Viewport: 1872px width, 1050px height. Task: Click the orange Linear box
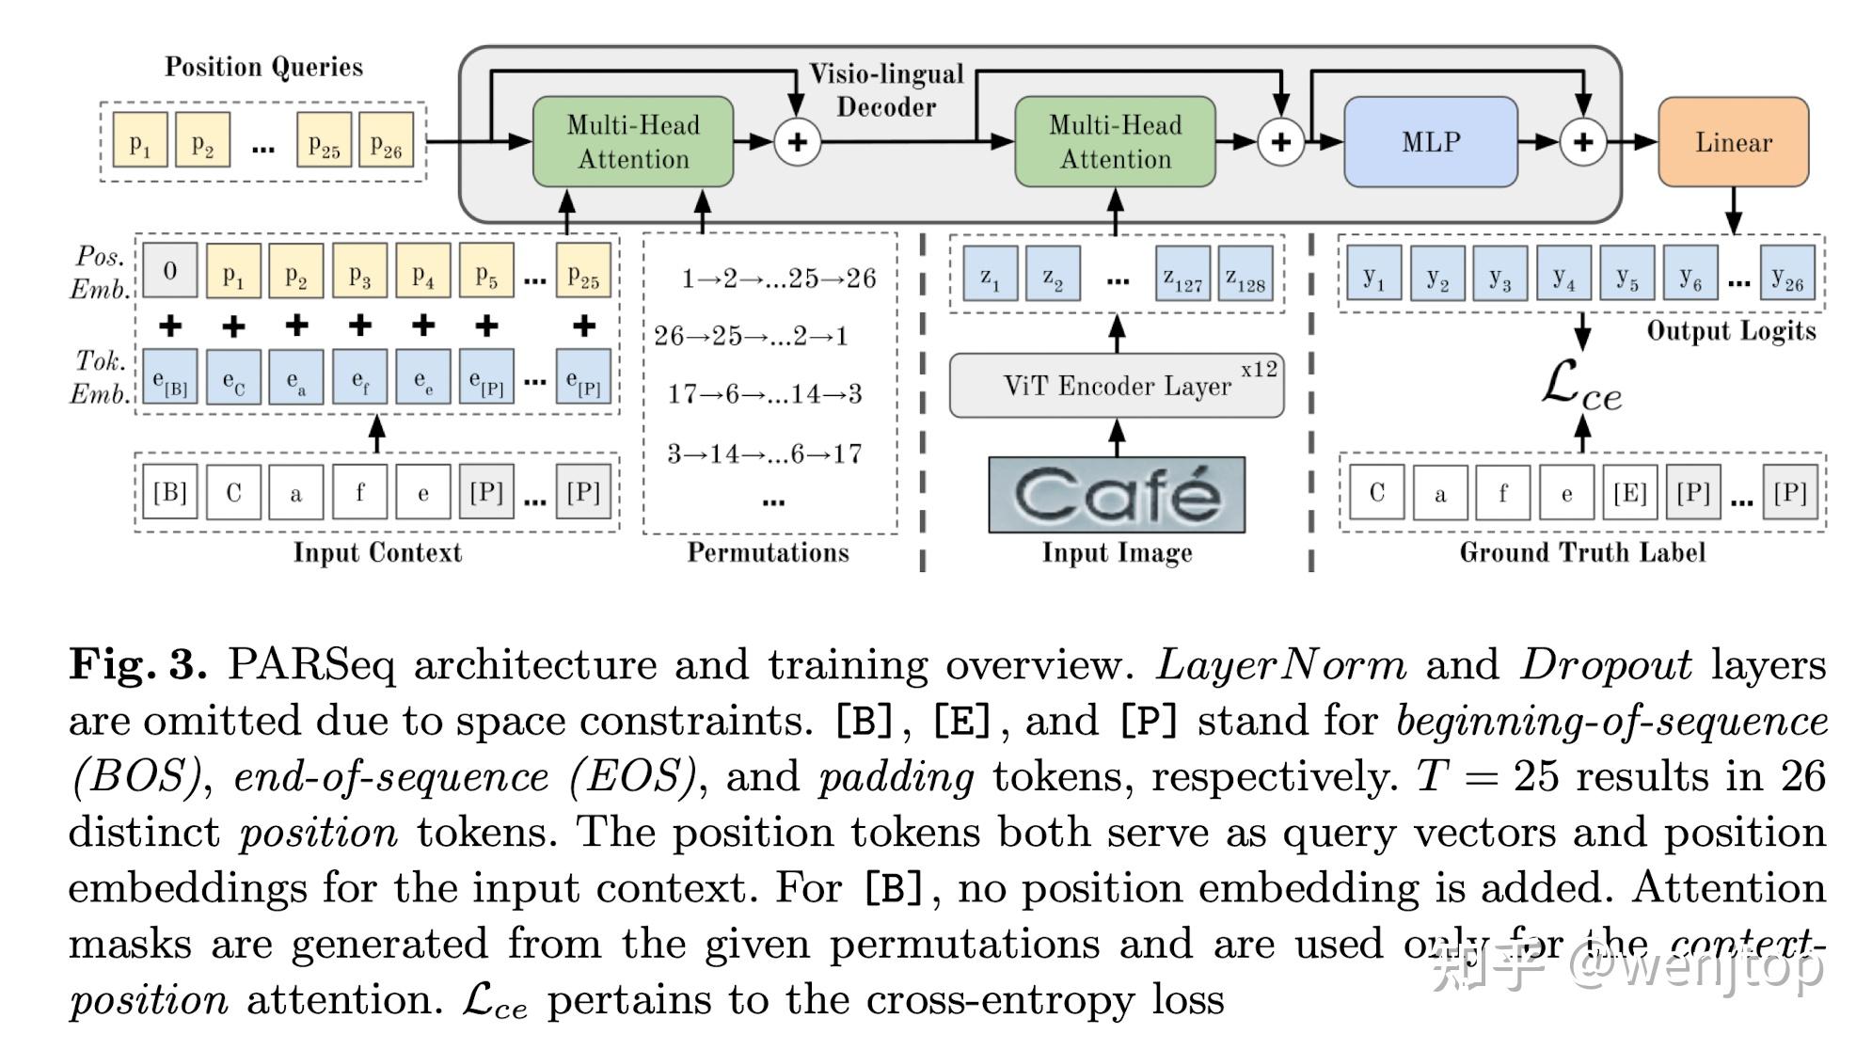[x=1733, y=142]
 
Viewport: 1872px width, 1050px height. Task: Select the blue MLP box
[x=1430, y=142]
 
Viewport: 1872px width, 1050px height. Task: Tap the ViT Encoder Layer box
[x=1117, y=386]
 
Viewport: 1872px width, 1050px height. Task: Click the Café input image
[x=1117, y=495]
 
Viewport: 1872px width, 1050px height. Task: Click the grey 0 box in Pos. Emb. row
[x=169, y=271]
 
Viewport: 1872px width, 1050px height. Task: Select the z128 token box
[x=1245, y=274]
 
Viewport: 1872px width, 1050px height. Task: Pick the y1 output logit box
[x=1373, y=274]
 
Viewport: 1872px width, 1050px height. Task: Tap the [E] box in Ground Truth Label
[x=1629, y=492]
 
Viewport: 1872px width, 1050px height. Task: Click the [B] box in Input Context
[x=169, y=492]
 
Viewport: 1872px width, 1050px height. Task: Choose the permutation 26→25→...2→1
[x=751, y=336]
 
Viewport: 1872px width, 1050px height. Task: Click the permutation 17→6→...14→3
[x=764, y=393]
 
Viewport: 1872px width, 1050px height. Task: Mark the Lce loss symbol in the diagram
[x=1581, y=387]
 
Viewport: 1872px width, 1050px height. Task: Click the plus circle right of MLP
[x=1583, y=142]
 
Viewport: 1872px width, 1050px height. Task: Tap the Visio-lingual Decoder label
[x=886, y=90]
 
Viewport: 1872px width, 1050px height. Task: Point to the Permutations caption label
[x=768, y=552]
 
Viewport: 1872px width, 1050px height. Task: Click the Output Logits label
[x=1731, y=331]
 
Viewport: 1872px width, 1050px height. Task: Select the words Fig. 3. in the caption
[x=137, y=664]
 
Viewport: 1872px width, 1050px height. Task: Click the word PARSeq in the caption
[x=310, y=664]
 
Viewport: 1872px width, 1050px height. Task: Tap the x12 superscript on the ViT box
[x=1259, y=369]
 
